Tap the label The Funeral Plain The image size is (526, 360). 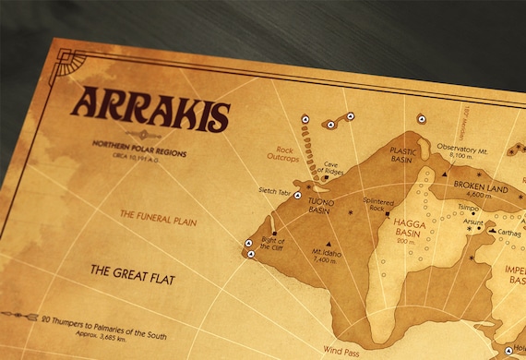[156, 213]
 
